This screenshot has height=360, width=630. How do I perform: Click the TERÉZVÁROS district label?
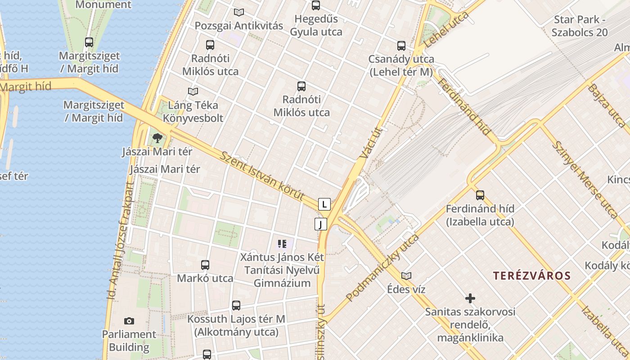pos(531,275)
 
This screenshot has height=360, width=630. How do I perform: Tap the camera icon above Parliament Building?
pos(129,321)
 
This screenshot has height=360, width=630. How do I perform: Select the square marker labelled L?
pos(324,204)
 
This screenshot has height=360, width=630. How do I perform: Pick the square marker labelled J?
pos(320,224)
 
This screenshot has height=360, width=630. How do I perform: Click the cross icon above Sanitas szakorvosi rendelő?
pos(470,298)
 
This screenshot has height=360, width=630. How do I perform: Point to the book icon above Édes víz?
pos(406,276)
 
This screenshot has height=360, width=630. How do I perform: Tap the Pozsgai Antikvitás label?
pos(239,26)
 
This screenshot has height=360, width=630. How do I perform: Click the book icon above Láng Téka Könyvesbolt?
pos(193,92)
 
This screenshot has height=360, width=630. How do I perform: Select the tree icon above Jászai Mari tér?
pos(157,138)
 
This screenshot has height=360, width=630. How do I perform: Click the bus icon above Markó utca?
pos(205,265)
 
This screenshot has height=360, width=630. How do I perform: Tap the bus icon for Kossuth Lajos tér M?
pos(236,306)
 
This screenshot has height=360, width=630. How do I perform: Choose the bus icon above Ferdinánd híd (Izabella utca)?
pos(480,195)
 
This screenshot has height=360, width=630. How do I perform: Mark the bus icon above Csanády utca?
pos(401,45)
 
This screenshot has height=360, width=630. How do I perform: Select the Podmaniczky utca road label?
pos(382,268)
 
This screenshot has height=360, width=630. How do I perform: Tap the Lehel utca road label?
pos(446,30)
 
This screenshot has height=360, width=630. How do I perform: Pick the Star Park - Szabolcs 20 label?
pos(580,26)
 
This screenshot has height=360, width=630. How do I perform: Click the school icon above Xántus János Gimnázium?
pos(282,244)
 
